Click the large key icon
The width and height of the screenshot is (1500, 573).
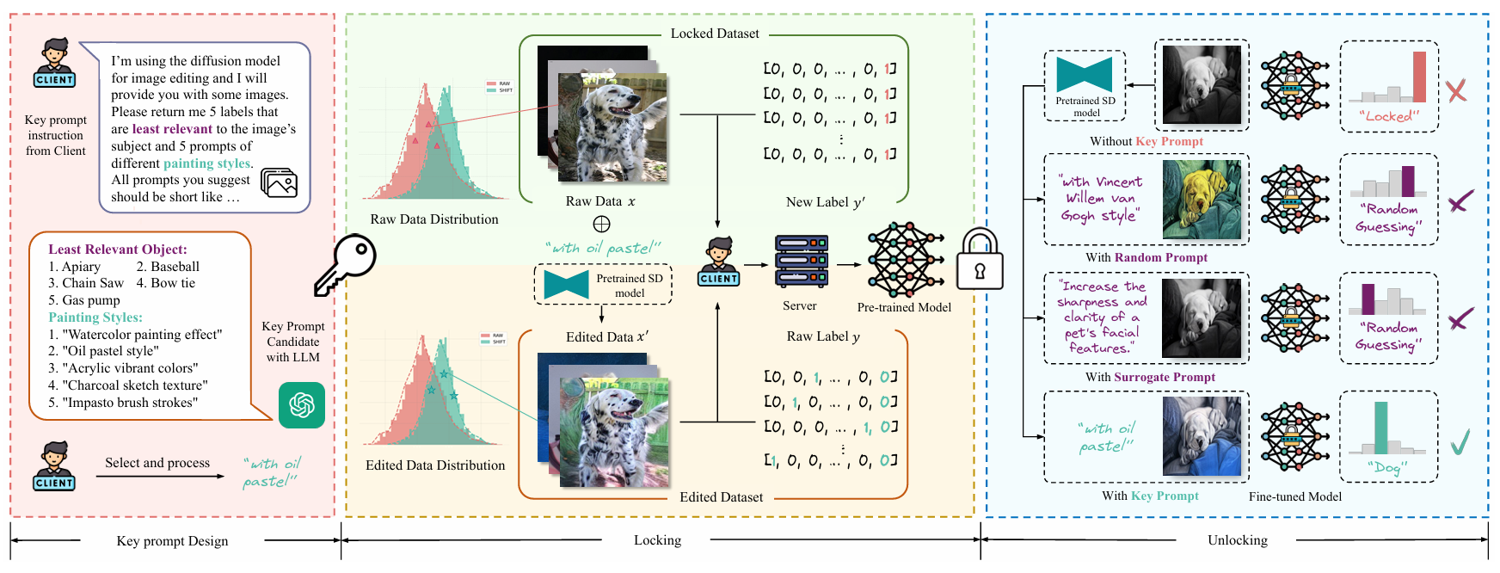pos(345,266)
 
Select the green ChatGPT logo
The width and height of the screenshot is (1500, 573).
pos(302,404)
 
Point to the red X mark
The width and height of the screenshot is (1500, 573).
pos(1456,91)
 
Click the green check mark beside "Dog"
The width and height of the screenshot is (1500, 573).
pos(1460,442)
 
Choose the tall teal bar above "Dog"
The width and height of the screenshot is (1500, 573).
pos(1381,428)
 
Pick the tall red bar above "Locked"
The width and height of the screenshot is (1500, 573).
pos(1419,77)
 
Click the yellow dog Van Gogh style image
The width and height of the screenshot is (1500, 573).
pos(1202,200)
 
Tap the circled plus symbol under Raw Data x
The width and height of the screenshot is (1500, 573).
pos(601,224)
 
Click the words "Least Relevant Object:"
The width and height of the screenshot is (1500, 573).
pos(117,250)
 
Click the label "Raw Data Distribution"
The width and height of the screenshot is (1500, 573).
pos(434,219)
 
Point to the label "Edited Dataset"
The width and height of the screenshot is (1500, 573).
pos(721,497)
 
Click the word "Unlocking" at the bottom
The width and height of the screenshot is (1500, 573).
pos(1237,540)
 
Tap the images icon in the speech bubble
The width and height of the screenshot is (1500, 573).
pos(279,183)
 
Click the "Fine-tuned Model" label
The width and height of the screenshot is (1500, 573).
pos(1294,496)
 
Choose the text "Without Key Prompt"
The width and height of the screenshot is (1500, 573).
pos(1146,141)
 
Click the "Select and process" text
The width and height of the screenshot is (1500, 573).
pos(157,463)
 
